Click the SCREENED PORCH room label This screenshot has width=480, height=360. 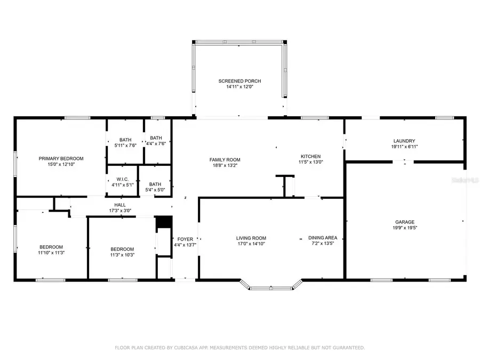(x=239, y=81)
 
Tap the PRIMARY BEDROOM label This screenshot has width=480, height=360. (x=61, y=158)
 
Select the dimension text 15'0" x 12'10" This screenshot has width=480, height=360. (x=61, y=165)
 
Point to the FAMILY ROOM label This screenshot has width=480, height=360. (x=225, y=159)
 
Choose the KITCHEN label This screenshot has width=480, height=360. (x=310, y=156)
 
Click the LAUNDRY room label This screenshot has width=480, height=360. (x=404, y=141)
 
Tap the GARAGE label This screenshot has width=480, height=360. (x=404, y=222)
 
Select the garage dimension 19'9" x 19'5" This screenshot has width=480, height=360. (x=404, y=228)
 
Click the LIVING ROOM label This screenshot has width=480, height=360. (x=251, y=238)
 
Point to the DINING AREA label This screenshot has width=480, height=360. (x=321, y=238)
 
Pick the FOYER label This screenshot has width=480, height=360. (x=185, y=239)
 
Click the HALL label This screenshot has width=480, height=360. (x=120, y=205)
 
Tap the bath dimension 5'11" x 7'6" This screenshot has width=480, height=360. (x=126, y=145)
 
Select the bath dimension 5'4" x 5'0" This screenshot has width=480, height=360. (x=155, y=190)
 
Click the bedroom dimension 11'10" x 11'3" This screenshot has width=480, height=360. (x=51, y=253)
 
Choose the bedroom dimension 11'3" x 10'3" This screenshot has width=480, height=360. (x=122, y=255)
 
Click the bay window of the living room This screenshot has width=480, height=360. (x=271, y=287)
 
